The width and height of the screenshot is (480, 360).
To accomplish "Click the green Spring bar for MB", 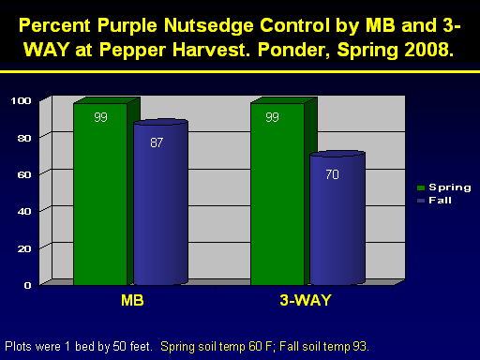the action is tap(100, 194).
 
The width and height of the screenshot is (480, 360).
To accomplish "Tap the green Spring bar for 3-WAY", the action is tap(277, 194).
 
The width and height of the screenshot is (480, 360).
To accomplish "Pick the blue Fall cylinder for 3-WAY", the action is tap(337, 217).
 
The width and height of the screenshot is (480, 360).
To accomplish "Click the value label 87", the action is tap(157, 142).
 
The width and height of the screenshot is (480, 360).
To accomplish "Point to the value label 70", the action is tap(332, 174).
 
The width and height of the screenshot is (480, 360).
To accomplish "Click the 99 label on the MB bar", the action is tap(100, 117).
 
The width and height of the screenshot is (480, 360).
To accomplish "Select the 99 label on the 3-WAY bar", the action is tap(272, 117).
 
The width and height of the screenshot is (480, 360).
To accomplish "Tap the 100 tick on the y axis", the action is tap(21, 100).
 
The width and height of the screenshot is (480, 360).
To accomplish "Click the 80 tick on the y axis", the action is tap(24, 138).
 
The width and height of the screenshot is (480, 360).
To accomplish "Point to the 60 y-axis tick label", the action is tap(24, 174).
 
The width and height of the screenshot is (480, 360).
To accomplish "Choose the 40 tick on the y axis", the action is tap(24, 212).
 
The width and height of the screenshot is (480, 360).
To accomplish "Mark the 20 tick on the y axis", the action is tap(24, 248).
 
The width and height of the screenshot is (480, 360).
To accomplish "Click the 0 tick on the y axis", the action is tap(28, 285).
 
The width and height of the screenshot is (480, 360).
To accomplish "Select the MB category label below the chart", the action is tap(132, 300).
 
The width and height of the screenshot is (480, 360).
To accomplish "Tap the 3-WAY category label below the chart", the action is tap(306, 300).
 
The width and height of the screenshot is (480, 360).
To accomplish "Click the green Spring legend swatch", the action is tap(421, 187).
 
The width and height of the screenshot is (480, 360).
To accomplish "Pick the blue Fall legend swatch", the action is tap(421, 201).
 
